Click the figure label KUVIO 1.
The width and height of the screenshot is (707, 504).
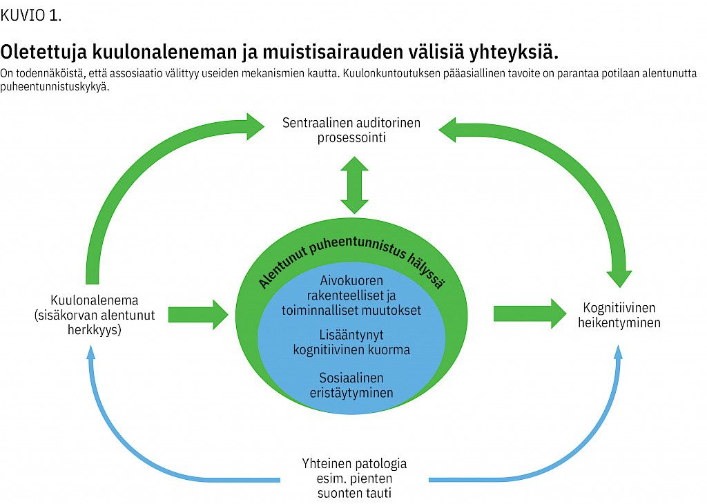pos(31,16)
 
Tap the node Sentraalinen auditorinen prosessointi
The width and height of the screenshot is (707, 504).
pos(351,130)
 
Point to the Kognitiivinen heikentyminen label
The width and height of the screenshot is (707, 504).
pos(619,315)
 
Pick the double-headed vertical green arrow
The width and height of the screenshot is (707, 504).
pos(354,184)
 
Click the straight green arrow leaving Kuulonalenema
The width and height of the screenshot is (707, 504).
pos(197,314)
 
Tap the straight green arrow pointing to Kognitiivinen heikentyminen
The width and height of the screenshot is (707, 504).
pos(529,314)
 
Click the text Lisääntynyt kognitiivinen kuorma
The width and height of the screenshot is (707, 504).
pos(351,342)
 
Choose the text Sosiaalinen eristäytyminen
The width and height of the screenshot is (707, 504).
pos(351,385)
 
